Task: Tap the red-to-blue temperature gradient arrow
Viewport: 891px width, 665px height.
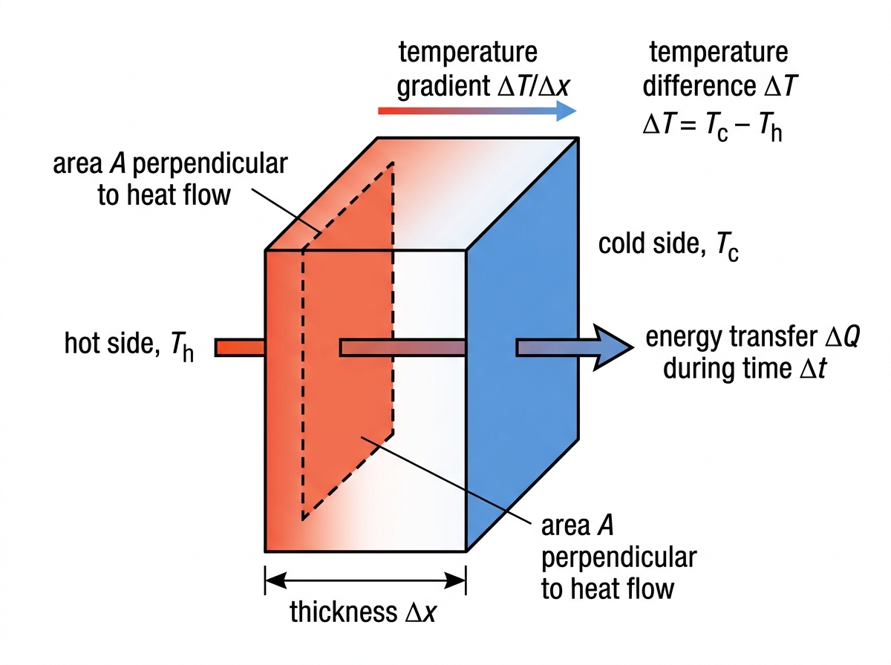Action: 477,111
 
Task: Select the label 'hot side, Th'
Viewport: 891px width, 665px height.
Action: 129,346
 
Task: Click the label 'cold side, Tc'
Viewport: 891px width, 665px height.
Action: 668,246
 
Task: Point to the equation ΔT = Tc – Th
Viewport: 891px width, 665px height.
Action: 712,127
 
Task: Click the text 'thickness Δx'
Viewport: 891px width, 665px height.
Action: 363,612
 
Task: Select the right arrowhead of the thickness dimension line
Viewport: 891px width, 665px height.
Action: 455,580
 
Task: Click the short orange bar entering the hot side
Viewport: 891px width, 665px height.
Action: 240,348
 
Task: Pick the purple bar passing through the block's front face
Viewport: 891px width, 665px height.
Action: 402,348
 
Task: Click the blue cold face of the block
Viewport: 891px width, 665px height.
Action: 523,344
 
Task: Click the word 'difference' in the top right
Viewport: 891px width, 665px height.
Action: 699,85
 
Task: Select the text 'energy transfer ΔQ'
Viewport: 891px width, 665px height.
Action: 753,338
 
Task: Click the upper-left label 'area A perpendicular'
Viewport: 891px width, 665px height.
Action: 170,165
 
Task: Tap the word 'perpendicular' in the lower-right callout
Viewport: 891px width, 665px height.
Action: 619,559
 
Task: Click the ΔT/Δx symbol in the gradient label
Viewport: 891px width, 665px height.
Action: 534,86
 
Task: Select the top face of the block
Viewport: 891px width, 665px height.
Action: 422,194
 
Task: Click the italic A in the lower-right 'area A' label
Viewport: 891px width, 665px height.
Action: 605,525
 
